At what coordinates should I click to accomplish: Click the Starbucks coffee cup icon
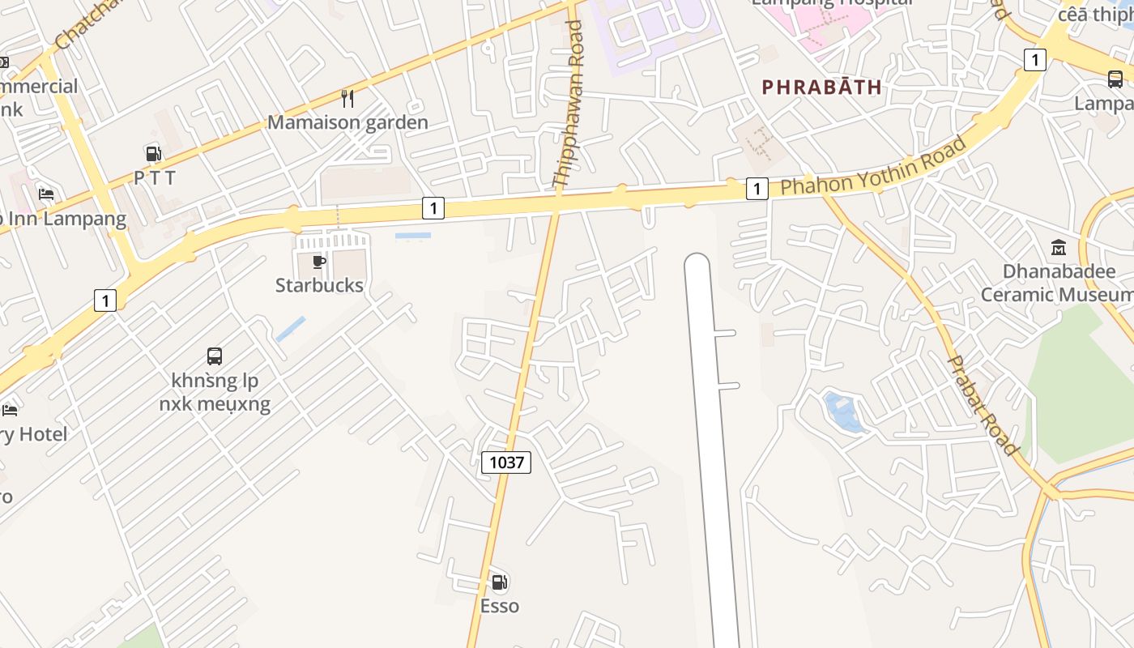[x=319, y=262]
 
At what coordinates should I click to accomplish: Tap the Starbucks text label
[x=319, y=285]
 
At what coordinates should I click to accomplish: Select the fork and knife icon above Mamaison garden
[x=347, y=99]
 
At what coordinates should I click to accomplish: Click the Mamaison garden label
[x=347, y=123]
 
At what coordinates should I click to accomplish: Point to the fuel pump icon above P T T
[x=153, y=153]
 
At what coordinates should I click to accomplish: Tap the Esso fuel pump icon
[x=500, y=582]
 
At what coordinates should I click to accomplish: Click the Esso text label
[x=500, y=607]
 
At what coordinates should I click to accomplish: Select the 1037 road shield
[x=506, y=463]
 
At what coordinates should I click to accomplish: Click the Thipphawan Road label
[x=568, y=104]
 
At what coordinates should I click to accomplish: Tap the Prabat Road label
[x=983, y=405]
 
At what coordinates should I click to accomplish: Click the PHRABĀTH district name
[x=821, y=87]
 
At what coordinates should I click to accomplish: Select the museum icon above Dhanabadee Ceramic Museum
[x=1059, y=247]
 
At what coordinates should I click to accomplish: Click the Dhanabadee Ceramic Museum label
[x=1058, y=283]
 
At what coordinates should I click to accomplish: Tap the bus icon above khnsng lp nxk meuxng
[x=215, y=356]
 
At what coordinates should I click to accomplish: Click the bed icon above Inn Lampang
[x=46, y=194]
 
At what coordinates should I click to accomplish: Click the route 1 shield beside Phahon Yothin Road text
[x=756, y=189]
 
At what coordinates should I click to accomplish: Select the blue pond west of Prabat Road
[x=842, y=411]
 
